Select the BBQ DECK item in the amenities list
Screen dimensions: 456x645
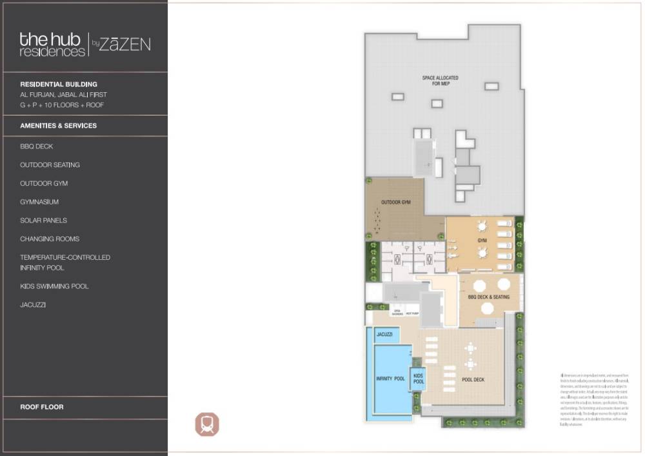pos(37,146)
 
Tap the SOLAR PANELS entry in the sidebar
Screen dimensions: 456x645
pos(43,221)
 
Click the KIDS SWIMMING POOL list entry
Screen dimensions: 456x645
pos(54,286)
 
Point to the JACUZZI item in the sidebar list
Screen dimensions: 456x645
pos(33,304)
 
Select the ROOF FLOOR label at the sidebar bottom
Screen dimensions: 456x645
pos(42,407)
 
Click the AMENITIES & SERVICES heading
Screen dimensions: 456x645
pos(59,126)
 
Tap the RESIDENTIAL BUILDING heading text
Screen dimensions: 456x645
pos(59,84)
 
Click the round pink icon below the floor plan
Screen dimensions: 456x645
pos(208,424)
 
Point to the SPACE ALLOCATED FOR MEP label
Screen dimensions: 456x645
pos(440,81)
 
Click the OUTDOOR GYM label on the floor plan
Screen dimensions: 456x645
pos(396,203)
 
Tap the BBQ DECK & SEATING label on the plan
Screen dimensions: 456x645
pos(488,297)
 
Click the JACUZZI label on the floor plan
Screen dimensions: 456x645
pos(385,335)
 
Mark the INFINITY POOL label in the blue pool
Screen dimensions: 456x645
pos(390,379)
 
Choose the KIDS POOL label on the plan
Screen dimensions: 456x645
pos(418,379)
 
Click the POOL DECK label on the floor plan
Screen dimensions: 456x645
pos(473,379)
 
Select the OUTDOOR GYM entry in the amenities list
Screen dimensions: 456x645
pos(44,183)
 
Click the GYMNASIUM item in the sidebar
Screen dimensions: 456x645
pos(39,202)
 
